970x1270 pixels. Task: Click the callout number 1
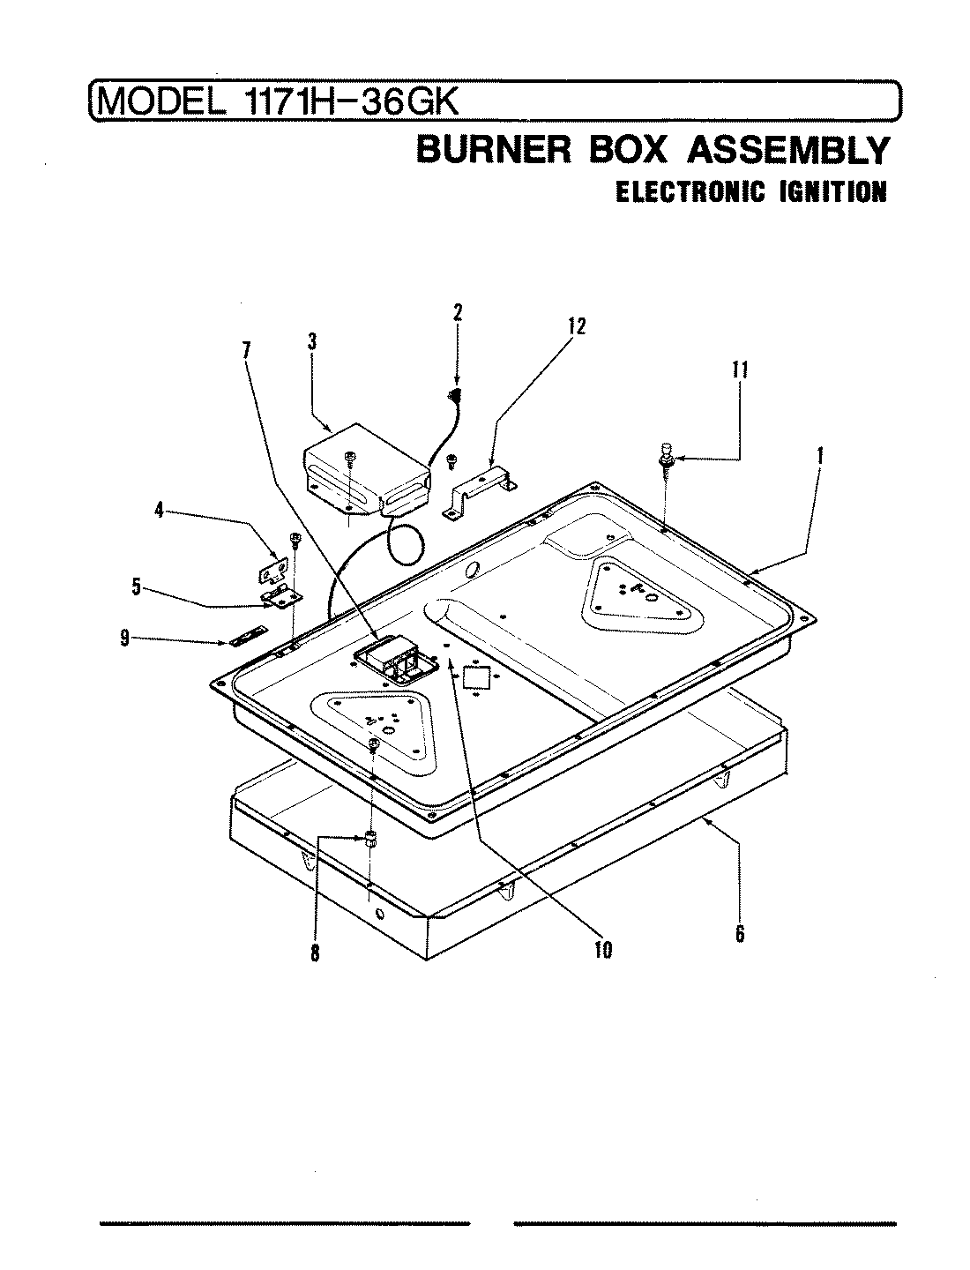coord(819,456)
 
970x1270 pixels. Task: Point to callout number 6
coord(740,933)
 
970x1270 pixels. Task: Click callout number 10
coord(604,951)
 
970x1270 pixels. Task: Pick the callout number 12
coord(576,326)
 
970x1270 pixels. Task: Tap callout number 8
coord(315,952)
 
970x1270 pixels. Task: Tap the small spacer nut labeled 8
coord(371,837)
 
